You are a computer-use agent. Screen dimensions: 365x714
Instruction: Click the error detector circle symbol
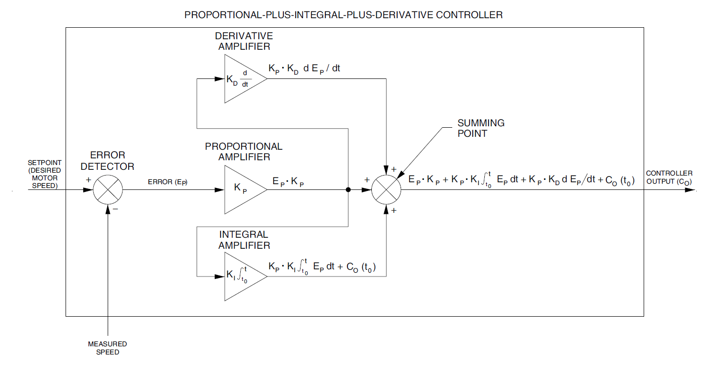pos(108,190)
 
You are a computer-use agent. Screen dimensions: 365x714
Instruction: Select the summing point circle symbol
pos(387,190)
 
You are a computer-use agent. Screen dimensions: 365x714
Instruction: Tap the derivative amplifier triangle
pos(242,78)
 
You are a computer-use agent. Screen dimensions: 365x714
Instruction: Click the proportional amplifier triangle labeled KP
pos(242,189)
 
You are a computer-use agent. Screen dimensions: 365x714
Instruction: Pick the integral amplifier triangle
pos(242,277)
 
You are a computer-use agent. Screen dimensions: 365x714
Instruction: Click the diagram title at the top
pos(343,15)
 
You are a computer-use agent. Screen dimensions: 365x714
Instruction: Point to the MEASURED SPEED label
pos(108,348)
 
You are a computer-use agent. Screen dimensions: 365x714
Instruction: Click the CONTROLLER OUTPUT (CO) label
pos(669,177)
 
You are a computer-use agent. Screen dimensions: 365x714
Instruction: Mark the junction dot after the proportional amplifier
pos(348,190)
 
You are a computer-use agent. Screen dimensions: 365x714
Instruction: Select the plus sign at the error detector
pos(88,180)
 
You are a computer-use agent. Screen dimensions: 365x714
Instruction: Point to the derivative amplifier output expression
pos(305,69)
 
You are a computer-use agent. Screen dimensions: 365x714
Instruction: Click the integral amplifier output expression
pos(322,267)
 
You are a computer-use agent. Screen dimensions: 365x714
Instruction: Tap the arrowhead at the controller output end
pos(690,190)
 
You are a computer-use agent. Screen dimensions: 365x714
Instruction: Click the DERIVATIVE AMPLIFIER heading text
pos(244,41)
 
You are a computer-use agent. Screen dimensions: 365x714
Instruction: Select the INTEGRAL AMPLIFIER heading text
pos(244,240)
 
